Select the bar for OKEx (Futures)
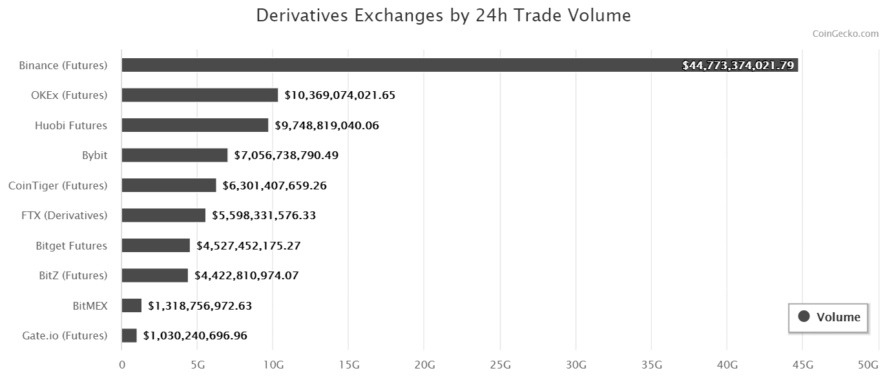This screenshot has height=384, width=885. pyautogui.click(x=200, y=95)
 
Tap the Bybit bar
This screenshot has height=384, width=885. pyautogui.click(x=174, y=155)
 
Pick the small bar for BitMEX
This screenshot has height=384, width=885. pyautogui.click(x=131, y=306)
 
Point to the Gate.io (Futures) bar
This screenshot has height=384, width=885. pyautogui.click(x=129, y=336)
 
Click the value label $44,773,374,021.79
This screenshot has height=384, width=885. pyautogui.click(x=738, y=65)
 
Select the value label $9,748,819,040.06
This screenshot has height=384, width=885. pyautogui.click(x=327, y=125)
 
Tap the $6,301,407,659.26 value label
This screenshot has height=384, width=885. pyautogui.click(x=275, y=186)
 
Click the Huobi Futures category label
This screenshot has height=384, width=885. pyautogui.click(x=71, y=125)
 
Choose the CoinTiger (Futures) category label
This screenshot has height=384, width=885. pyautogui.click(x=57, y=186)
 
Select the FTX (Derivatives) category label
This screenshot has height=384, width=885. pyautogui.click(x=65, y=215)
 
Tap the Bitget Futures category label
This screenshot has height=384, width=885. pyautogui.click(x=72, y=246)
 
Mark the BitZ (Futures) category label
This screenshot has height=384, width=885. pyautogui.click(x=73, y=275)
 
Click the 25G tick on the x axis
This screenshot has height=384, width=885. pyautogui.click(x=500, y=365)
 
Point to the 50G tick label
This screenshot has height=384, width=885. pyautogui.click(x=868, y=365)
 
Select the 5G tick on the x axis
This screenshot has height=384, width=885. pyautogui.click(x=198, y=365)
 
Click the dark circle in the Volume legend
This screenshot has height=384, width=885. pyautogui.click(x=804, y=317)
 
